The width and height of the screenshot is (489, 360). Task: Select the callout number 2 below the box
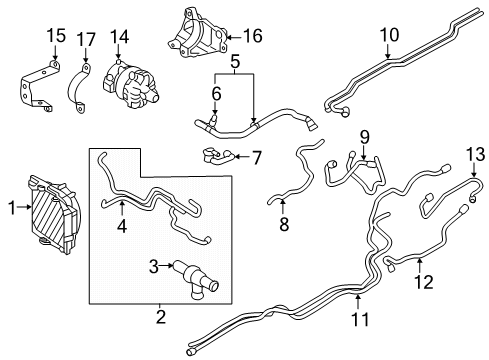[x=160, y=317]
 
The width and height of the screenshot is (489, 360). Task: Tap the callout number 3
[x=153, y=266]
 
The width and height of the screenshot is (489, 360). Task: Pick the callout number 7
[x=256, y=157]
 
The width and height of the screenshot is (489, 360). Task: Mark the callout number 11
[x=358, y=319]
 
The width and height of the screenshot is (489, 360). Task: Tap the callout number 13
[x=473, y=152]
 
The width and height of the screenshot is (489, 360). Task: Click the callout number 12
[x=423, y=283]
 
